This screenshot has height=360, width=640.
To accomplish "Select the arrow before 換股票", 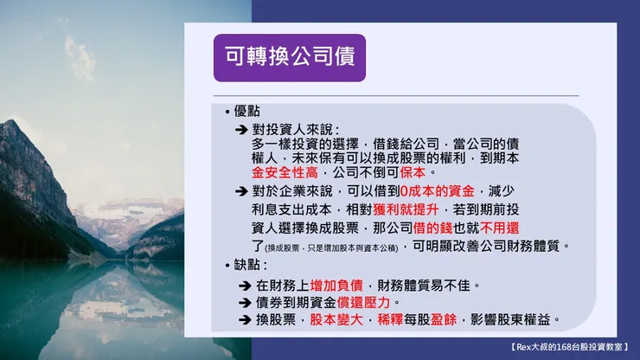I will (x=245, y=320).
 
